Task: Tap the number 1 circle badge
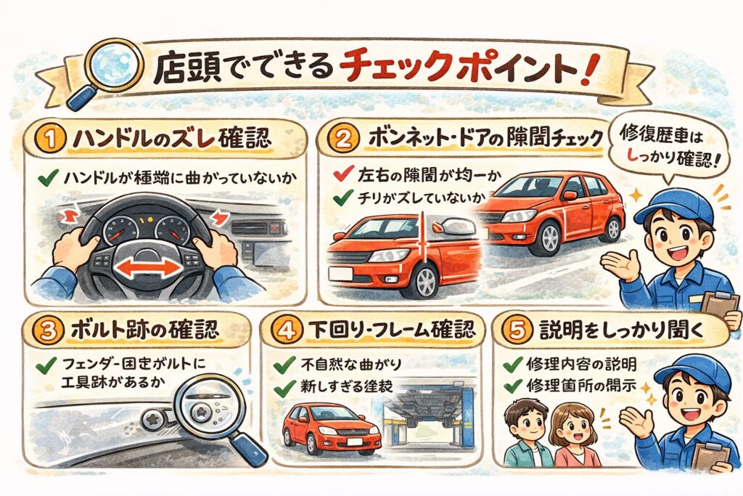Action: point(50,140)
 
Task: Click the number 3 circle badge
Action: point(49,330)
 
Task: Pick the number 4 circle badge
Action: point(286,330)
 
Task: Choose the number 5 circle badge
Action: point(516,330)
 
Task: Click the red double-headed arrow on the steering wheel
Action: point(148,269)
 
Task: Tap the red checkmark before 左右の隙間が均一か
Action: point(343,174)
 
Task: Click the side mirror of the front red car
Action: point(453,227)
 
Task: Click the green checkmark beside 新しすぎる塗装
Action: point(284,388)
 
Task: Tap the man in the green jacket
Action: point(527,434)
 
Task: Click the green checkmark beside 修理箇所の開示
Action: point(513,386)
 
